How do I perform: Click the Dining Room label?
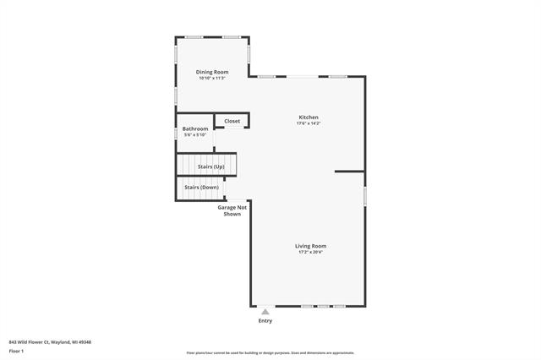[212, 72]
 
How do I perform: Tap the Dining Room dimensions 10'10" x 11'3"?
[212, 79]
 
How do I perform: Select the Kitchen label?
[309, 117]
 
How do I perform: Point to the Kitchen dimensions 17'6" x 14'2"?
[309, 123]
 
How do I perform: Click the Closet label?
[232, 121]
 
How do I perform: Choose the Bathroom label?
[195, 128]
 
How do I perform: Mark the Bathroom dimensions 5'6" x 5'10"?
[195, 135]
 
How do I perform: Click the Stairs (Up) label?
[210, 167]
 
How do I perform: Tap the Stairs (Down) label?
[203, 187]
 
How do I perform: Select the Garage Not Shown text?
[232, 210]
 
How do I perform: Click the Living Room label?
[310, 245]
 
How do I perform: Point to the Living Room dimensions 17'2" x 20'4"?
[310, 252]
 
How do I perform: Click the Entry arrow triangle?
[265, 311]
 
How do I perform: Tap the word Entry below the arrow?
[265, 321]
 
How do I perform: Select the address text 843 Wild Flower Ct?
[50, 341]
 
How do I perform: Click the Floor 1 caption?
[16, 351]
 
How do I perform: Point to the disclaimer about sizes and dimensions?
[270, 353]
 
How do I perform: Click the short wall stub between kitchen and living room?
[349, 172]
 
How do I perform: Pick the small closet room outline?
[231, 122]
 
